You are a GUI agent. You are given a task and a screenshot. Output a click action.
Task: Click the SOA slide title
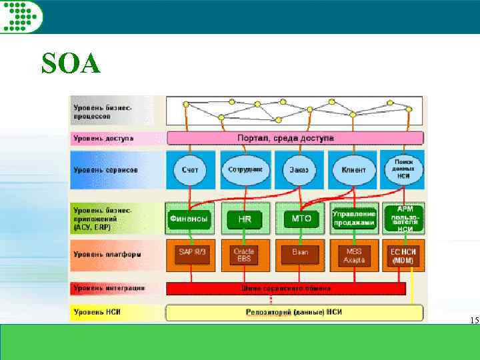pyautogui.click(x=70, y=63)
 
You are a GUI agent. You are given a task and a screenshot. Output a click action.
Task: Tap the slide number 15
pyautogui.click(x=474, y=321)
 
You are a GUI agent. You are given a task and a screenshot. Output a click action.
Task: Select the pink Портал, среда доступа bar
pyautogui.click(x=295, y=138)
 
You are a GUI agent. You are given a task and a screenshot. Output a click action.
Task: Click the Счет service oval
pyautogui.click(x=190, y=169)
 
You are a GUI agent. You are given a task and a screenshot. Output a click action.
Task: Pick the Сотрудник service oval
pyautogui.click(x=245, y=169)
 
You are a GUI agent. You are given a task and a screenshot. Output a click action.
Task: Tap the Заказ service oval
pyautogui.click(x=299, y=169)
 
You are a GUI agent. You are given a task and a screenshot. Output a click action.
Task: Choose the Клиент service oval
pyautogui.click(x=353, y=169)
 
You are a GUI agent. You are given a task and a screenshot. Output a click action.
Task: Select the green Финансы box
pyautogui.click(x=189, y=218)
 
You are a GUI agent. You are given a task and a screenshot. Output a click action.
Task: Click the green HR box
pyautogui.click(x=245, y=219)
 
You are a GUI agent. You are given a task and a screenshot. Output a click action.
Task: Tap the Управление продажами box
pyautogui.click(x=354, y=218)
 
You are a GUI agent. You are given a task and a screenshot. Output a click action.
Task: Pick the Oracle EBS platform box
pyautogui.click(x=245, y=255)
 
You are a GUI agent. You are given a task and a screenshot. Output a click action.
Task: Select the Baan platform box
pyautogui.click(x=299, y=254)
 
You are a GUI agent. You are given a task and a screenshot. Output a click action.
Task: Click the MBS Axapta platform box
pyautogui.click(x=354, y=255)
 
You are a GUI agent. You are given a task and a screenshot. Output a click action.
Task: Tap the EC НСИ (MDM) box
pyautogui.click(x=404, y=255)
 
